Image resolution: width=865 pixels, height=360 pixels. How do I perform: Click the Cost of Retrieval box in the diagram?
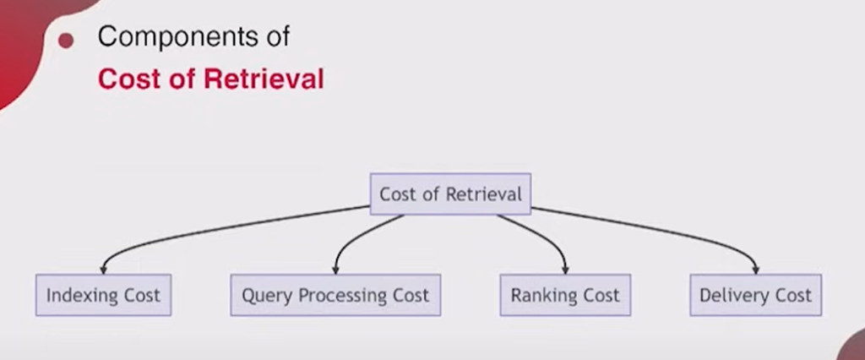(450, 194)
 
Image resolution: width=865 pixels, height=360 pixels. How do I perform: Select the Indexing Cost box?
(104, 295)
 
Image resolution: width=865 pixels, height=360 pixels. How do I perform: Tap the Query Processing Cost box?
(335, 295)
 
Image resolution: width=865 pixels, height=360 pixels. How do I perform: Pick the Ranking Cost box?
(565, 295)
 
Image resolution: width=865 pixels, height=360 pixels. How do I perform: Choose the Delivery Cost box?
(756, 295)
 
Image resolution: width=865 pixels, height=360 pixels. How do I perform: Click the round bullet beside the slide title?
(66, 41)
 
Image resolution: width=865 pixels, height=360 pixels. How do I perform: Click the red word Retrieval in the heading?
(264, 79)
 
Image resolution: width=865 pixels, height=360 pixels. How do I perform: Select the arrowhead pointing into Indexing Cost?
(103, 270)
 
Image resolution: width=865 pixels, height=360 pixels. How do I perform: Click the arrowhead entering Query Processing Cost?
(335, 270)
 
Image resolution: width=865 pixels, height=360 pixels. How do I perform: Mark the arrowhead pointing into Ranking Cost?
(565, 270)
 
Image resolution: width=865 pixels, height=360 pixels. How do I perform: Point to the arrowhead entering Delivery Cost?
(756, 270)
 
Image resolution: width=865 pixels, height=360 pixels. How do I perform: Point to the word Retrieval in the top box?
(483, 194)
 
